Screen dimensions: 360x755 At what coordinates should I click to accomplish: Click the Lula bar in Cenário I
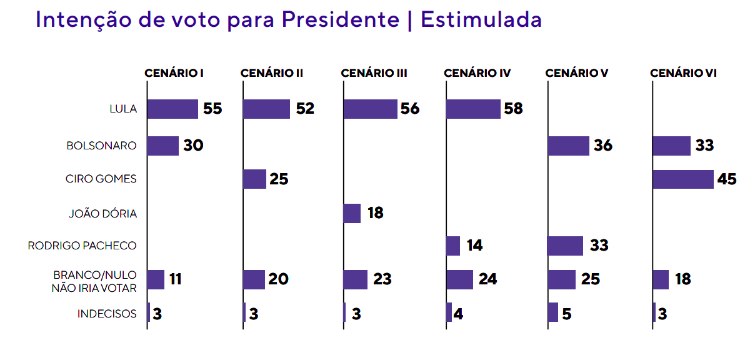(x=172, y=109)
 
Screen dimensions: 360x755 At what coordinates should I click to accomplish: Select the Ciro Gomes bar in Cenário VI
(x=683, y=179)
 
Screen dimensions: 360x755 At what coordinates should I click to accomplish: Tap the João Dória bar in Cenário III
(x=352, y=213)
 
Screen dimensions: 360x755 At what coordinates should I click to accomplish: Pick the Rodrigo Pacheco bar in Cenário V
(x=566, y=246)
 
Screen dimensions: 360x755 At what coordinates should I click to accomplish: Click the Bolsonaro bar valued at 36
(x=569, y=146)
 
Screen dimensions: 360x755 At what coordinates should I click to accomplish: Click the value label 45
(x=727, y=179)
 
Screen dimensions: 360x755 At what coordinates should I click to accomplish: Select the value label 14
(x=474, y=246)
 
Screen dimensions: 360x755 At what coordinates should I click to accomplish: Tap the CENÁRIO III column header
(x=374, y=73)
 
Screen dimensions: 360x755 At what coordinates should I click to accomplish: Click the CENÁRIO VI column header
(x=683, y=73)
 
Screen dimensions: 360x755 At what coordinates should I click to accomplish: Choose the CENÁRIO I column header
(x=174, y=73)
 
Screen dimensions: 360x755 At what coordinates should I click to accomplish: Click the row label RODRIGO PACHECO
(x=82, y=246)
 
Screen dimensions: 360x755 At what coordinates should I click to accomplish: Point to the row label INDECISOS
(x=107, y=313)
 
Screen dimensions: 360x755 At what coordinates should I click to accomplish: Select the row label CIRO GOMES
(x=101, y=179)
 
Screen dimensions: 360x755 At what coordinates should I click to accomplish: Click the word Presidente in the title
(x=340, y=20)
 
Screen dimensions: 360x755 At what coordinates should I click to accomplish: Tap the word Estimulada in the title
(x=481, y=20)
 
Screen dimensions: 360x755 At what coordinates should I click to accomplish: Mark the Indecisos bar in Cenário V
(x=553, y=312)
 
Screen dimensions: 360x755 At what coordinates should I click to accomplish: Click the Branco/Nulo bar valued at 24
(x=459, y=279)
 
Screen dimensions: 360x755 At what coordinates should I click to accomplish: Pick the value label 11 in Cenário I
(x=175, y=279)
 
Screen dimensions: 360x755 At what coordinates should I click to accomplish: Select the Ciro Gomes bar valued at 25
(x=254, y=179)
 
